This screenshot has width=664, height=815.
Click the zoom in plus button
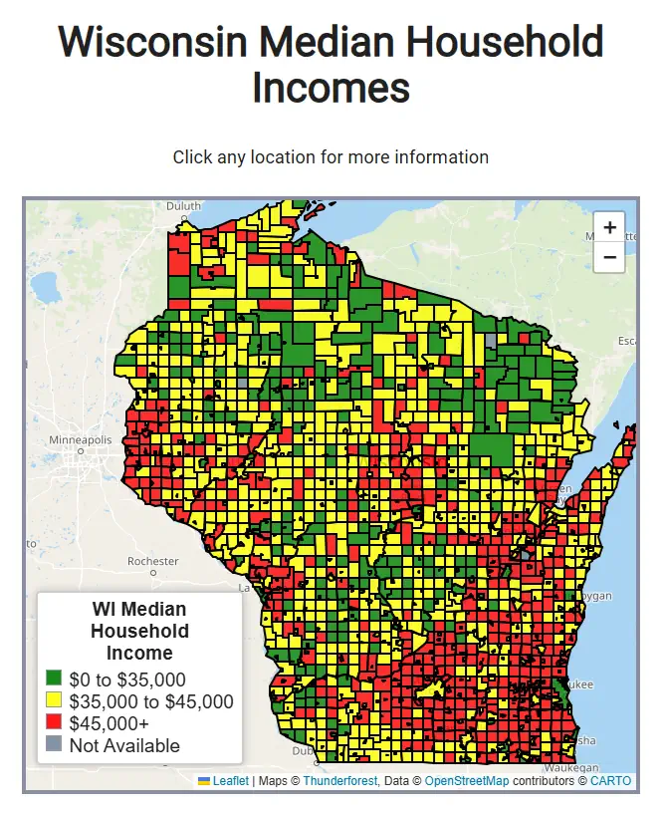pos(609,227)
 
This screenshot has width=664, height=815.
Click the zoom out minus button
pos(609,257)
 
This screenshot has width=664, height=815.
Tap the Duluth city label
pos(183,206)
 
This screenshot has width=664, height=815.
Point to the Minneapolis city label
pos(81,439)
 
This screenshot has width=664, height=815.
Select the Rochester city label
pos(152,561)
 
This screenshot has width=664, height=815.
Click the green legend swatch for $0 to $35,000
pos(54,679)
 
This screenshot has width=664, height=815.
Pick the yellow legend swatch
pos(54,701)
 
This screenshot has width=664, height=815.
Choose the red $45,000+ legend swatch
pos(54,723)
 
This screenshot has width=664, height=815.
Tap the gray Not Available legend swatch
pos(54,745)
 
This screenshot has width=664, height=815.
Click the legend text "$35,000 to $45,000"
pos(151,701)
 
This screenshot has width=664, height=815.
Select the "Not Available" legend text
pos(124,745)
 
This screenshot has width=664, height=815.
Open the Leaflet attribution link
pos(230,781)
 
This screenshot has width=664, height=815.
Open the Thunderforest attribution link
pos(339,781)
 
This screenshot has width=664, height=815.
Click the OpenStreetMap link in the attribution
pos(466,781)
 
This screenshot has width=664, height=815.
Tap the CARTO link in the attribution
pos(610,781)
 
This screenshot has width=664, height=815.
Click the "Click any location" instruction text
pos(331,157)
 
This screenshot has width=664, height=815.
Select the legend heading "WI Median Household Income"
pos(139,631)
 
